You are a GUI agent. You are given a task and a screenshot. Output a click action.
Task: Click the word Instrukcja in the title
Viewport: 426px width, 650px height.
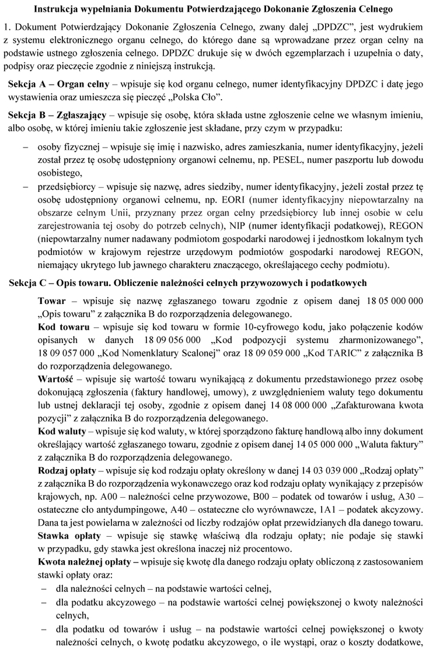tap(57, 9)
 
